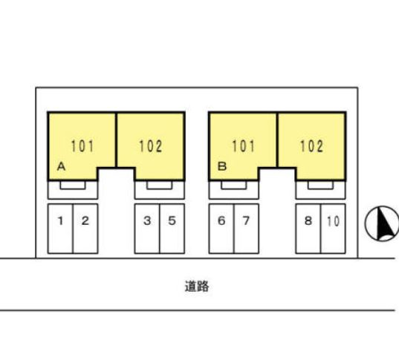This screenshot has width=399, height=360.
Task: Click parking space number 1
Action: pos(60,229)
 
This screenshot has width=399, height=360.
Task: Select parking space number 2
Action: pos(85,229)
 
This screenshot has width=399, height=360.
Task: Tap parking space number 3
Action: pos(147,229)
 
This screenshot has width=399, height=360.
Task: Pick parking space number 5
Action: pos(172,229)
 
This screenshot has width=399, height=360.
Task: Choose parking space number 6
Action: pos(221,229)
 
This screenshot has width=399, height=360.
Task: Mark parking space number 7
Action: pos(247,229)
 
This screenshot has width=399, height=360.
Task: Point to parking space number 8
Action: pos(308,229)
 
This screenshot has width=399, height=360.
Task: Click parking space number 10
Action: pos(333,229)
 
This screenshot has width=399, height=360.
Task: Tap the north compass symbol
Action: pos(382,223)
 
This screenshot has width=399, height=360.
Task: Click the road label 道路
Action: pos(197,287)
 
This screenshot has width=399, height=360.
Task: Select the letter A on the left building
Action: pos(62,167)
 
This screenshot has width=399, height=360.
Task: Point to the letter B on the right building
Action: pos(222,167)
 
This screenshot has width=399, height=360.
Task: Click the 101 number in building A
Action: pos(82,146)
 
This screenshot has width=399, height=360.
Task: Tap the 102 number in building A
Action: pos(151,146)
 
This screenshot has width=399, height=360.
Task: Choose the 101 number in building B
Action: pos(243,146)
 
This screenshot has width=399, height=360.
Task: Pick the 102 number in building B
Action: pos(312,146)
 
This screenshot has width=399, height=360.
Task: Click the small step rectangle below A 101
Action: pos(73,186)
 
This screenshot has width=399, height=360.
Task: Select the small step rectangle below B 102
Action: pos(320,186)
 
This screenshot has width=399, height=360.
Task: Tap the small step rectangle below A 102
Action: pos(159,186)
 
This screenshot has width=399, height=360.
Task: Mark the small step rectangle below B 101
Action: pos(233,186)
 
